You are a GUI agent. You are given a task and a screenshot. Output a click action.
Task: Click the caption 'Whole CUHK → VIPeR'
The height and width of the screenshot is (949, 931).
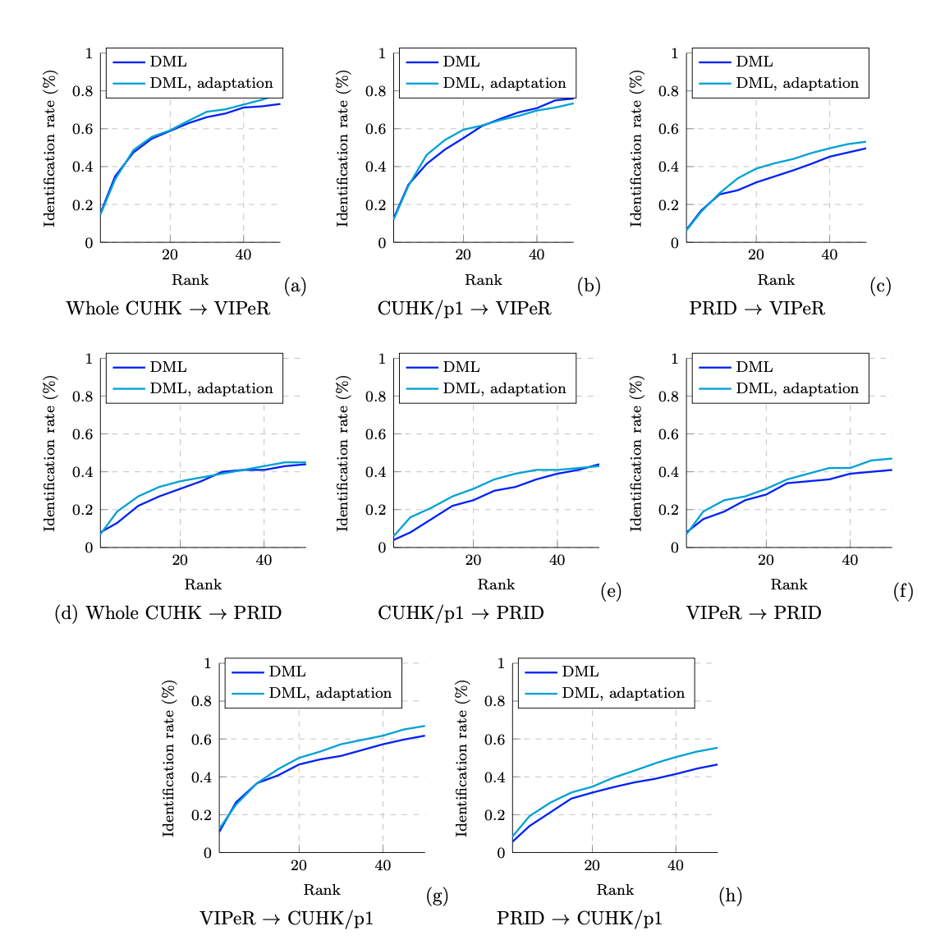click(x=167, y=309)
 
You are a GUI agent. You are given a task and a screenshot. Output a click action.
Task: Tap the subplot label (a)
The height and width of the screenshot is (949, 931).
click(x=295, y=286)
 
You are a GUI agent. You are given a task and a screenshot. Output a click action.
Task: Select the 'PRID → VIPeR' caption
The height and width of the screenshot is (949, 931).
click(x=756, y=309)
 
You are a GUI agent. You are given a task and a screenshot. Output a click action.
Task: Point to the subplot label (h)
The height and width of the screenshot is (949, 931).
click(x=730, y=896)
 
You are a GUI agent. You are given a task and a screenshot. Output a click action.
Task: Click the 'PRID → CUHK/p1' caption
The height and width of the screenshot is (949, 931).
click(x=579, y=919)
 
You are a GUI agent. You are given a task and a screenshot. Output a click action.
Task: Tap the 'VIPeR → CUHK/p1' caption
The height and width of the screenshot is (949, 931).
click(x=287, y=919)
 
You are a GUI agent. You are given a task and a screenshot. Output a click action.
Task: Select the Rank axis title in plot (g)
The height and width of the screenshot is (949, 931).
click(x=321, y=890)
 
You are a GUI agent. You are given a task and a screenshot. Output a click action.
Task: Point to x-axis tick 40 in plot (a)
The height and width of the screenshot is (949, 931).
click(x=243, y=254)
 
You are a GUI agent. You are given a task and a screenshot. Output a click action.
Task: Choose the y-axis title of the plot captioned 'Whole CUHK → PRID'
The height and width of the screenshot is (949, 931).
click(x=50, y=452)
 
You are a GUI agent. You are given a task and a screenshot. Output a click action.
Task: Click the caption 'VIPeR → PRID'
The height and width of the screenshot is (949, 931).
click(x=753, y=613)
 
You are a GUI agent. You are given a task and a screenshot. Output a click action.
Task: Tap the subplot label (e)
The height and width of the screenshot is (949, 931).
click(x=610, y=591)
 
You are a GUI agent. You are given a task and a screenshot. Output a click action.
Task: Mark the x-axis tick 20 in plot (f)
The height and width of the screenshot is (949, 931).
click(x=765, y=560)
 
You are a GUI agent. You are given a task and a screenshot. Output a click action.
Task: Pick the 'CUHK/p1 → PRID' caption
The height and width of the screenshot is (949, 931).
click(x=460, y=613)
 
